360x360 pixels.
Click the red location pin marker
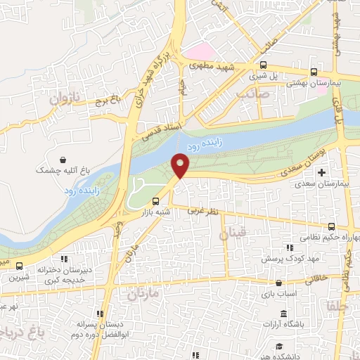click(x=181, y=166)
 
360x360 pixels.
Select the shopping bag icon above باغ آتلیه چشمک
click(x=64, y=160)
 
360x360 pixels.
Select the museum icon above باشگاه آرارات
click(x=283, y=314)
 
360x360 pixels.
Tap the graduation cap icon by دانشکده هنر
click(x=279, y=345)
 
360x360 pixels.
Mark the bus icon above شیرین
click(x=19, y=266)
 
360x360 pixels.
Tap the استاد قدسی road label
click(x=160, y=129)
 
